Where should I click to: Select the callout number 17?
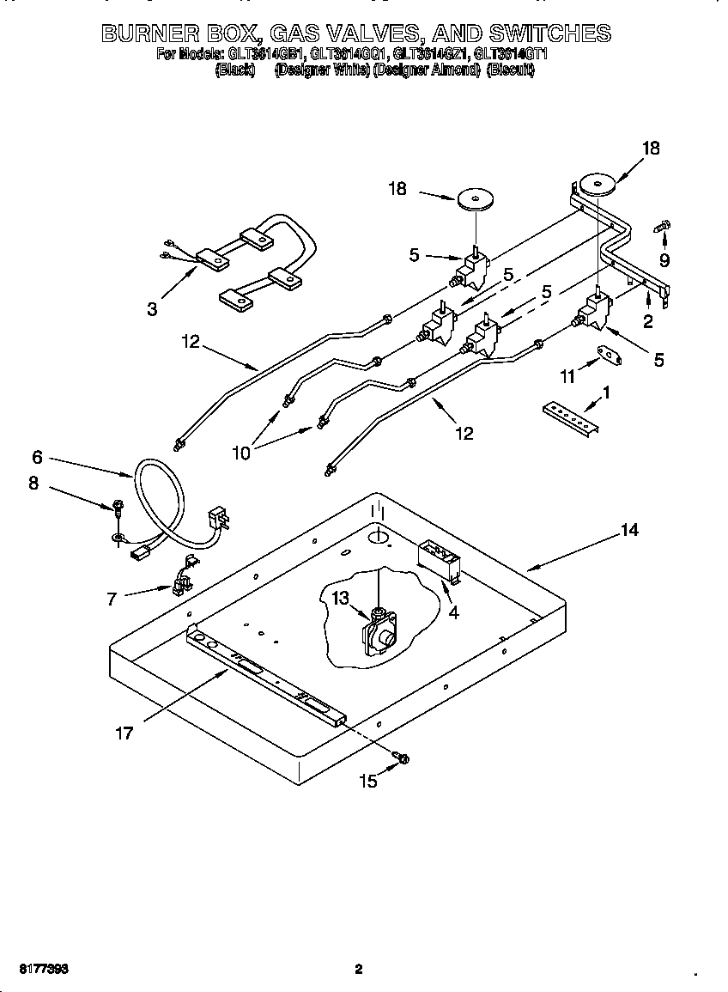coord(124,733)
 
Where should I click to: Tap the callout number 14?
coord(629,531)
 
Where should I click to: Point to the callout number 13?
coord(343,598)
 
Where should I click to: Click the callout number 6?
coord(37,457)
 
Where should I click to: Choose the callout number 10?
coord(241,452)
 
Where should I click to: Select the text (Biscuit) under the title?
coord(510,71)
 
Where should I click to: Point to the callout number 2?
coord(648,321)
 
